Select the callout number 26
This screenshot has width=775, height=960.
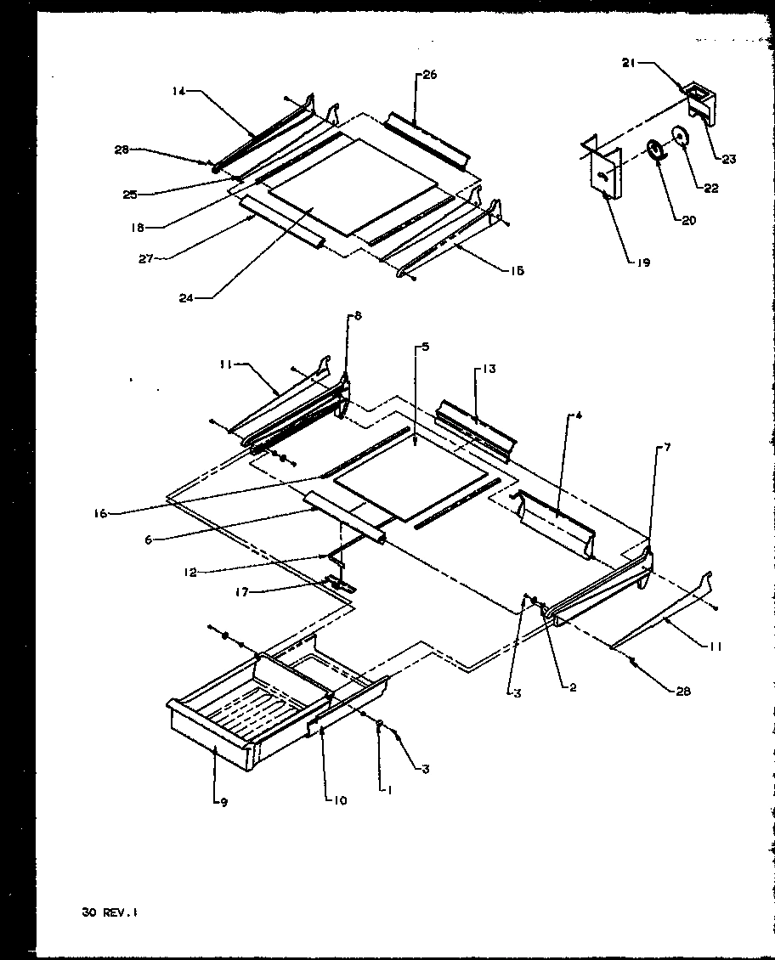click(429, 76)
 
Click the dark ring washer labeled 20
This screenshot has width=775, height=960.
click(656, 150)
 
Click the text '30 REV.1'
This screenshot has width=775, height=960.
click(105, 912)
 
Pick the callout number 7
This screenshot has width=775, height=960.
click(667, 447)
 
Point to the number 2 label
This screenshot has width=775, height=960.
click(573, 686)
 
